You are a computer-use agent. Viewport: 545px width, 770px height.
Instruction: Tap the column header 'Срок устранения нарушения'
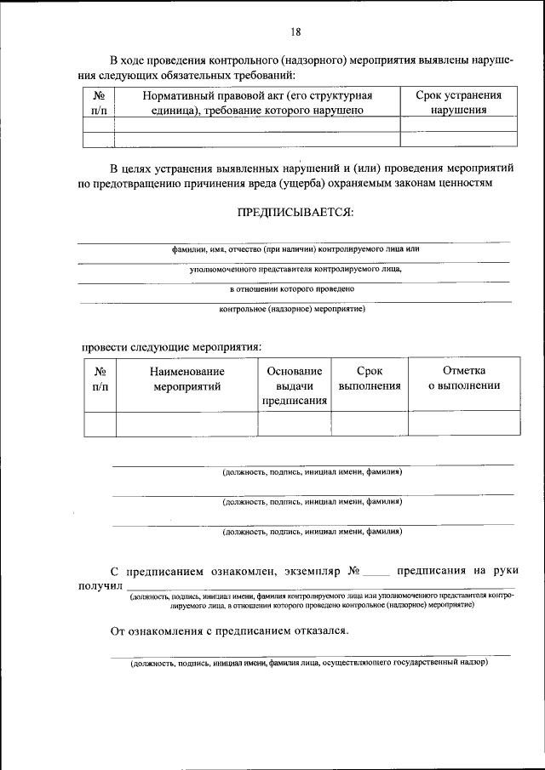[x=458, y=102]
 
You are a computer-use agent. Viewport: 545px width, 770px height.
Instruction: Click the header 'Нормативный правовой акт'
[x=257, y=102]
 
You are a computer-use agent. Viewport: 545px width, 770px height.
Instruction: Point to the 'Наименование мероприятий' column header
[x=186, y=379]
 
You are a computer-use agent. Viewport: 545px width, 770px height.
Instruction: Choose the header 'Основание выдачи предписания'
[x=294, y=386]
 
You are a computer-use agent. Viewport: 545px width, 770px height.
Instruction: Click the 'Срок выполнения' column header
[x=370, y=379]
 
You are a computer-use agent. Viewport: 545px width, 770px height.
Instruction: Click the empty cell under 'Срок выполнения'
[x=370, y=423]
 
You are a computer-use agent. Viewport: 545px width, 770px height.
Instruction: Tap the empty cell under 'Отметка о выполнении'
[x=463, y=423]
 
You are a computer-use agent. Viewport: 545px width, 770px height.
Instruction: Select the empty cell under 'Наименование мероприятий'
[x=186, y=423]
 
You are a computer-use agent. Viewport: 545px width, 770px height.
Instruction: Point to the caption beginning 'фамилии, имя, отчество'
[x=295, y=249]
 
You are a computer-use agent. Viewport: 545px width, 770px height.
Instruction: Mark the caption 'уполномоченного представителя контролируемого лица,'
[x=295, y=269]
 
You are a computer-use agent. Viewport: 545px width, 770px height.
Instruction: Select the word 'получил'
[x=101, y=587]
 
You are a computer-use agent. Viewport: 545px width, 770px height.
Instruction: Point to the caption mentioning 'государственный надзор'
[x=308, y=662]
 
